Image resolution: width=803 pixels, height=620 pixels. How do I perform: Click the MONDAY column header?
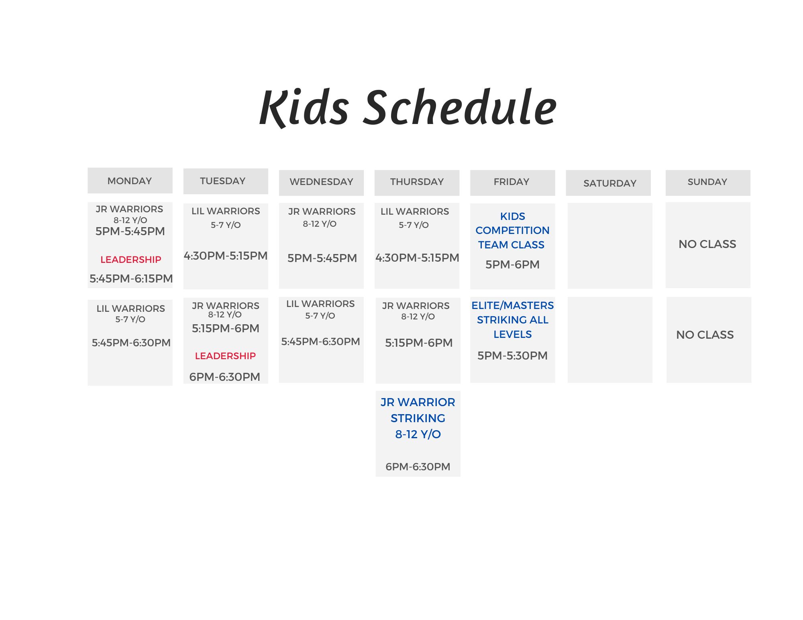tap(130, 181)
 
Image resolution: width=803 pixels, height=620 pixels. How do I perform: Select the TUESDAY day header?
tap(223, 181)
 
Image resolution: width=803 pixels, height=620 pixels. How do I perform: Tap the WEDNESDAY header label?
tap(321, 182)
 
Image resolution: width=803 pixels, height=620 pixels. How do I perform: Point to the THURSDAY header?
tap(417, 182)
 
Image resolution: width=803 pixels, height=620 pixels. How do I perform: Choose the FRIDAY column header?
tap(512, 182)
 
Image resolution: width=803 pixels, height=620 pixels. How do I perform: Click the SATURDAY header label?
tap(610, 183)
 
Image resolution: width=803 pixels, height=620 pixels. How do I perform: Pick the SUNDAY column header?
tap(707, 182)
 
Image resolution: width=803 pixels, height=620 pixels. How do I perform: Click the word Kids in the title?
tap(304, 108)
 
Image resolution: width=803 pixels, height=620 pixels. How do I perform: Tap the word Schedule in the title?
tap(460, 106)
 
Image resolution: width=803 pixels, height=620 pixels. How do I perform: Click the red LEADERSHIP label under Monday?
tap(131, 260)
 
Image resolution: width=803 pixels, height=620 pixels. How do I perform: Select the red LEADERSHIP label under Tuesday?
tap(225, 356)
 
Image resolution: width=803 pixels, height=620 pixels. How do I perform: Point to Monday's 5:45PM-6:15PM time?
tap(131, 278)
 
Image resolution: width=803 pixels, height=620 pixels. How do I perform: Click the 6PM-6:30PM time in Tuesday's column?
tap(225, 377)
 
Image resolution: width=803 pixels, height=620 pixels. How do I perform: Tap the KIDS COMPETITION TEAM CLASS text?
tap(512, 230)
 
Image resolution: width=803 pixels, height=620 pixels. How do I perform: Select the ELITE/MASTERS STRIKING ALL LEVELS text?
tap(512, 320)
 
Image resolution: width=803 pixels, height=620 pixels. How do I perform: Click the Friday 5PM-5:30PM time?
tap(512, 356)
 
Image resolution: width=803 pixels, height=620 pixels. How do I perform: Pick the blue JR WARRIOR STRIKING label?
tap(418, 410)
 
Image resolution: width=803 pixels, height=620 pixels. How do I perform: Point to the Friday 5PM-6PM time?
tap(512, 264)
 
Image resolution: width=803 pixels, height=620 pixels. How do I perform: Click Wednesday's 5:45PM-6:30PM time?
tap(320, 342)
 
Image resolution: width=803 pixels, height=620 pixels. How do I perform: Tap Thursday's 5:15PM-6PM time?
tap(419, 343)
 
